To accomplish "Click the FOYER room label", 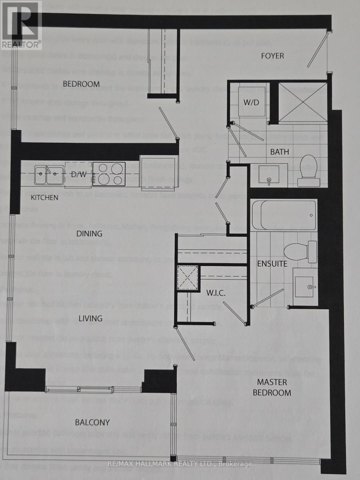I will tap(272, 56).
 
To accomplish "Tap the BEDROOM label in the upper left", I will tap(81, 84).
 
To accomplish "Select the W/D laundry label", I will tap(252, 102).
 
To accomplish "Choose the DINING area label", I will tap(90, 234).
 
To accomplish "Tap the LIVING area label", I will tap(90, 318).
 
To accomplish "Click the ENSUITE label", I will tap(272, 264).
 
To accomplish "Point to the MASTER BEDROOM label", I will tap(274, 387).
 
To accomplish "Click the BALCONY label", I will tap(92, 422).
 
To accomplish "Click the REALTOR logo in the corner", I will tap(21, 25).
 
